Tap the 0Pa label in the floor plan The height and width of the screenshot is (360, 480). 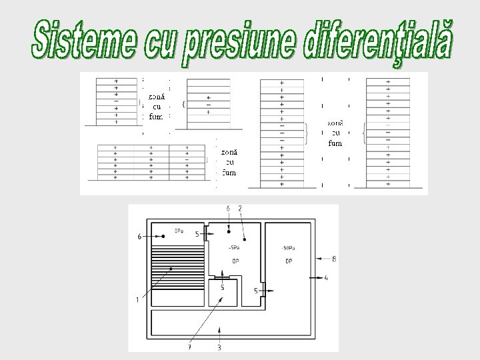[x=179, y=231]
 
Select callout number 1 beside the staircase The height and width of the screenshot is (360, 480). [x=137, y=299]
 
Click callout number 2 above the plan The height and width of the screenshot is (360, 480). [x=239, y=209]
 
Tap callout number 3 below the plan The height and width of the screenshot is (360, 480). [x=220, y=347]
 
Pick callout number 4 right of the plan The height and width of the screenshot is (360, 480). [x=326, y=277]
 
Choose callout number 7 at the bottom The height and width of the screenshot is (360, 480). [x=189, y=347]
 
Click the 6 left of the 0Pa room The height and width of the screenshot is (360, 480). [x=139, y=236]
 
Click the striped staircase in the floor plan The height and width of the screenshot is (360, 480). [x=177, y=266]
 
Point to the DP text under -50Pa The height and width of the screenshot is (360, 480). [x=289, y=261]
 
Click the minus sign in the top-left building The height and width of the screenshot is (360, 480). [x=117, y=101]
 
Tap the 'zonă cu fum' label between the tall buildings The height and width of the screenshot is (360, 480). [x=335, y=133]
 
